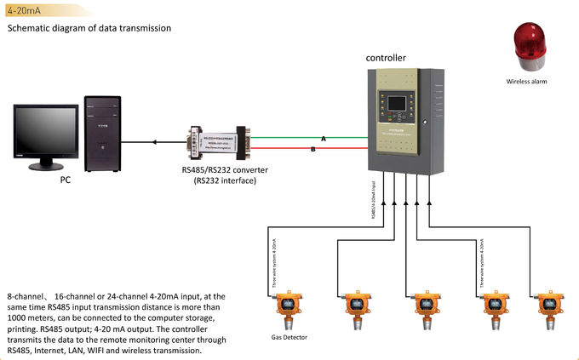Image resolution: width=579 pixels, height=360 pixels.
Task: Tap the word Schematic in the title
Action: [32, 28]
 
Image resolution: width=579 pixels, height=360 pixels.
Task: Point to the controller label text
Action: [386, 58]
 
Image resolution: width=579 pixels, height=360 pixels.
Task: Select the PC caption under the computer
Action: [65, 180]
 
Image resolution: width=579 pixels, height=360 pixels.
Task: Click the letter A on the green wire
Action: [323, 138]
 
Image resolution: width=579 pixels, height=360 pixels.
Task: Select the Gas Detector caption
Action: [289, 337]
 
